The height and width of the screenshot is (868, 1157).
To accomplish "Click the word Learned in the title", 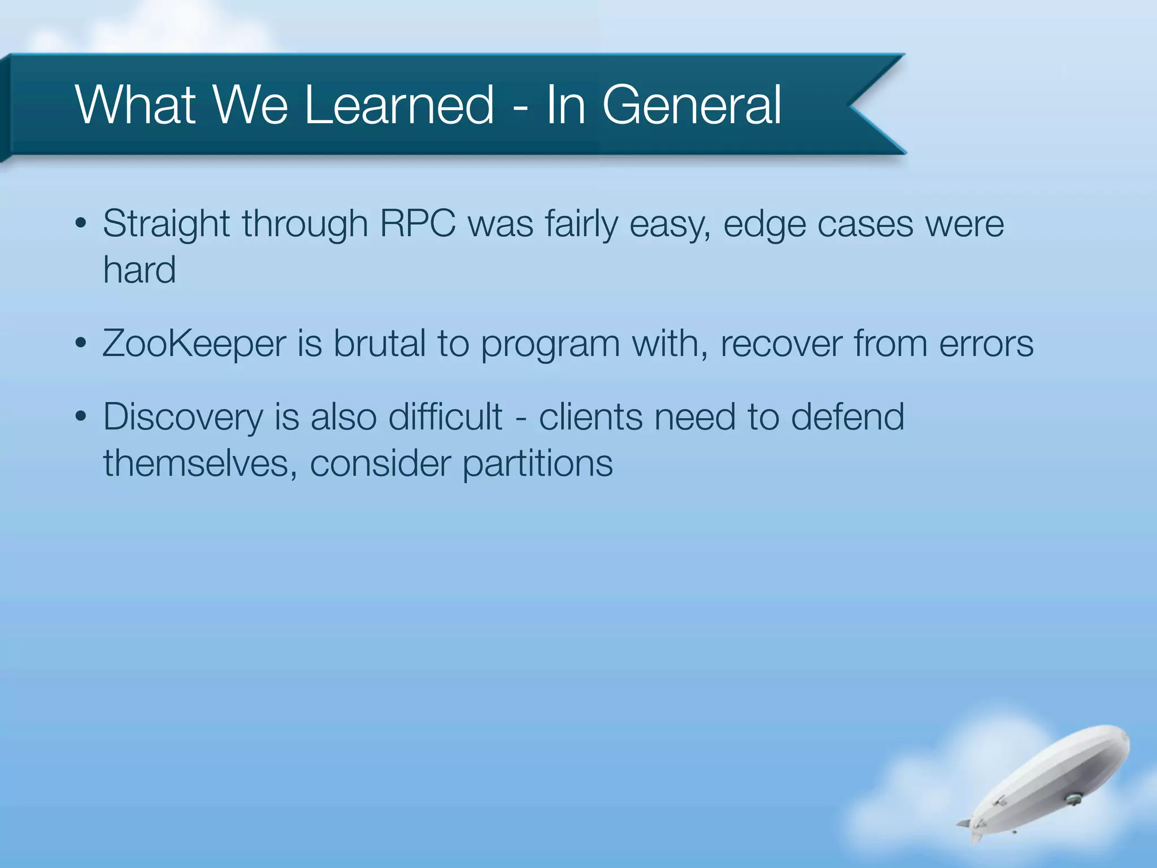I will point(399,105).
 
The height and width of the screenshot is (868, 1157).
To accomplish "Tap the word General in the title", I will point(691,105).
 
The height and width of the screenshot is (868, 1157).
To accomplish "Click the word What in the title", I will point(136,105).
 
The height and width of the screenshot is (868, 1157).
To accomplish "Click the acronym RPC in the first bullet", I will point(417,223).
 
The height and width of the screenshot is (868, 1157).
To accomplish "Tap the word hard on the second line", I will point(139,270).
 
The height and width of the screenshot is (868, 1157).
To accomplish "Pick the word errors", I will point(986,344).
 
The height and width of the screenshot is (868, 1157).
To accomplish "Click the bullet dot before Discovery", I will point(81,417).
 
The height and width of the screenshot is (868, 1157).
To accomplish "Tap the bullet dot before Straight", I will point(81,223).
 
